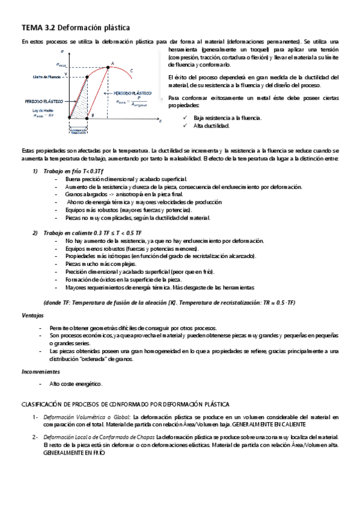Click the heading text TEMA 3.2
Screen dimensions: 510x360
pyautogui.click(x=38, y=28)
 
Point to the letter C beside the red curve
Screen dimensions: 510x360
pyautogui.click(x=131, y=71)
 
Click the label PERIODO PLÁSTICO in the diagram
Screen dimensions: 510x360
pyautogui.click(x=133, y=93)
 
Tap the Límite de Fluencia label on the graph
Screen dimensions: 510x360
pyautogui.click(x=46, y=77)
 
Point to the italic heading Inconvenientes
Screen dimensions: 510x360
pyautogui.click(x=38, y=371)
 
